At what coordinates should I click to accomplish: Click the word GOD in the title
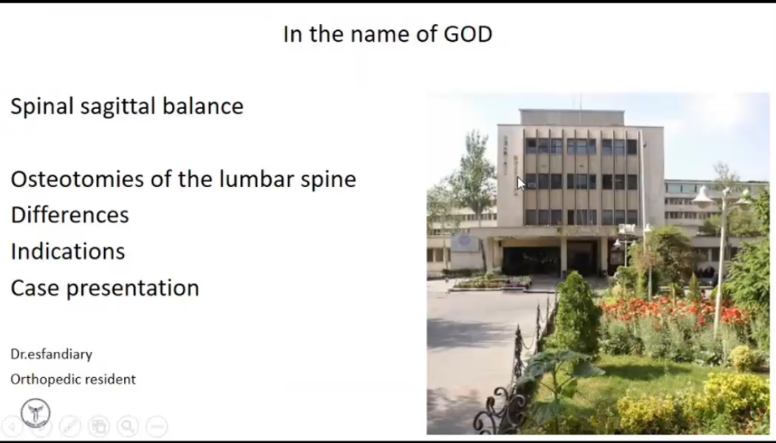click(468, 34)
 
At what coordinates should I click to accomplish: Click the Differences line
click(70, 215)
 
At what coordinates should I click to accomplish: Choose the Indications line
click(68, 251)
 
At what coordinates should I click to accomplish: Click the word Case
click(35, 288)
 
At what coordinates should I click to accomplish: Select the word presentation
click(133, 288)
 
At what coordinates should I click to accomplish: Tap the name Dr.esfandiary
click(51, 355)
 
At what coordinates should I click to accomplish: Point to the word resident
click(111, 379)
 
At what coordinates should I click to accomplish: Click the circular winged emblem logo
click(36, 413)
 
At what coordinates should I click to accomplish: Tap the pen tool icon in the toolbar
click(70, 426)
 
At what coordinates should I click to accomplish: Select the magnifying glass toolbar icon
click(127, 426)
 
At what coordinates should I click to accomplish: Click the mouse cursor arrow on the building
click(521, 183)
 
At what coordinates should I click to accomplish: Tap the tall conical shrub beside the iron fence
click(577, 314)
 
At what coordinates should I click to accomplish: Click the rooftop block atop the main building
click(572, 117)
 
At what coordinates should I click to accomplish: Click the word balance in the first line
click(203, 106)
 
